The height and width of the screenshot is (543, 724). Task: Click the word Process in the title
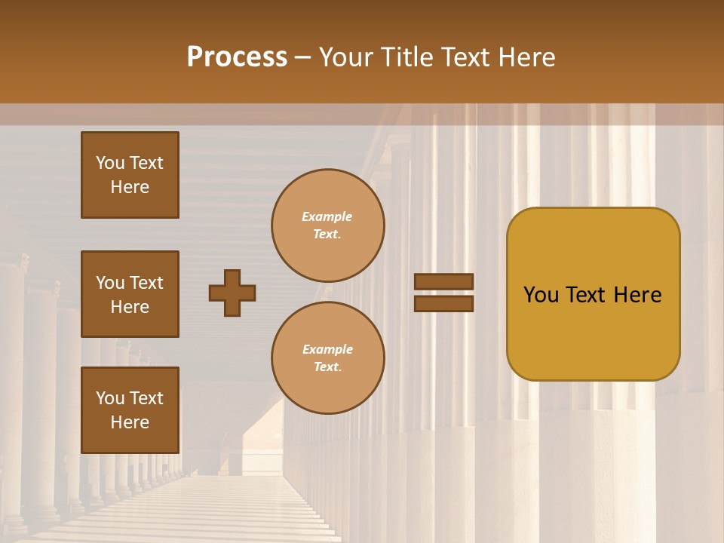[x=237, y=57]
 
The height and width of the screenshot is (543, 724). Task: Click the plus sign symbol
[x=232, y=293]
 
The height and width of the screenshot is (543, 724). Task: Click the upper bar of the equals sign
[x=444, y=281]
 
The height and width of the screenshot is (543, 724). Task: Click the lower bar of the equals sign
[x=444, y=303]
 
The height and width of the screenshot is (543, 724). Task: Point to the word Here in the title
[x=524, y=57]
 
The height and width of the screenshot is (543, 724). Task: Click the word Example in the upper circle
[x=327, y=216]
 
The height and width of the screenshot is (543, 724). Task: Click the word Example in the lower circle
[x=327, y=349]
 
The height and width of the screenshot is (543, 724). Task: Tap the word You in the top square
[x=109, y=163]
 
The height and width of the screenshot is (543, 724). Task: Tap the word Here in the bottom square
[x=130, y=422]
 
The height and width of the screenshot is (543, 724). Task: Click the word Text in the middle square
[x=146, y=283]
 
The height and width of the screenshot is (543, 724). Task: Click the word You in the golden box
[x=541, y=295]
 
